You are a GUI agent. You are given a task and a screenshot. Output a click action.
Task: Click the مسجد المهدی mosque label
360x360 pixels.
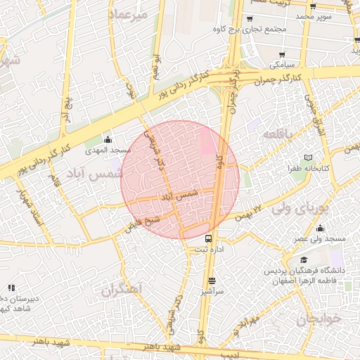tap(107, 150)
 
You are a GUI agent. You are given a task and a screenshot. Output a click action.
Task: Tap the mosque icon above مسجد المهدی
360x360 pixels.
tap(108, 139)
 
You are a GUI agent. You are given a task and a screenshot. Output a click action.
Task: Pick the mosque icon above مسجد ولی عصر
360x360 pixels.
tap(321, 228)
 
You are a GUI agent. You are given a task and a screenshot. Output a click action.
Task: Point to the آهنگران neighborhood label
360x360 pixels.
tap(121, 289)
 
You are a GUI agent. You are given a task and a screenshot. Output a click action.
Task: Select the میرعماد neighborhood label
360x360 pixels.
tap(128, 15)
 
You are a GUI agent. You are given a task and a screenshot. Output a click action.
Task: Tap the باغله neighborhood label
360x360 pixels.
tap(276, 133)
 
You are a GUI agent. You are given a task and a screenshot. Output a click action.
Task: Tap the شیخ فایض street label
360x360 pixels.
tap(144, 224)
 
